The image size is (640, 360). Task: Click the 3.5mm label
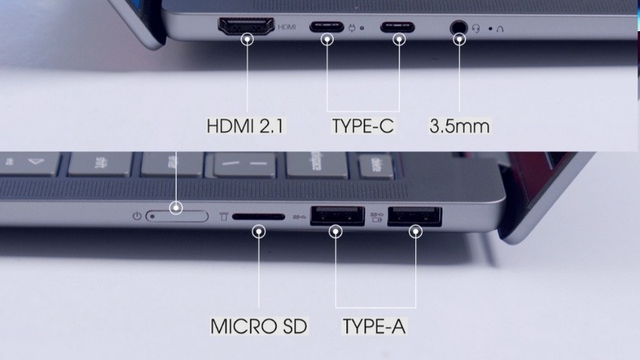tap(459, 126)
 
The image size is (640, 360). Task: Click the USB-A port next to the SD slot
tap(335, 218)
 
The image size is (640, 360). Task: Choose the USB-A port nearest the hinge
tap(414, 218)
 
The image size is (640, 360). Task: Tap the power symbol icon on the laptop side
tap(137, 216)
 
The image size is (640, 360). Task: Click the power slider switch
tap(177, 216)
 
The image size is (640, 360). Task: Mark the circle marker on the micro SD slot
tap(259, 231)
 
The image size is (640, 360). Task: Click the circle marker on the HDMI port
tap(247, 38)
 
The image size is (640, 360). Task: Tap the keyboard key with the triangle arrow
tap(33, 161)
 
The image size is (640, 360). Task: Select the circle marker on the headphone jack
tap(459, 38)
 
